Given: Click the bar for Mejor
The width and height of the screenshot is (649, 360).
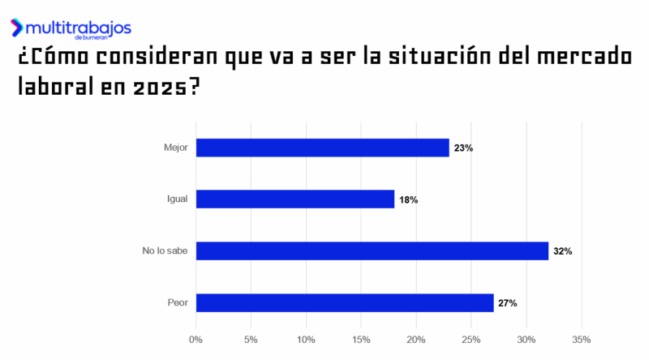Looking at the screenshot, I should pyautogui.click(x=322, y=148).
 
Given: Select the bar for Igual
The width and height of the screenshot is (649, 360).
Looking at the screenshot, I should pyautogui.click(x=294, y=199).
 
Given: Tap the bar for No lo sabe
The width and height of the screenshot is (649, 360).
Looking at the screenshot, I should pyautogui.click(x=372, y=251).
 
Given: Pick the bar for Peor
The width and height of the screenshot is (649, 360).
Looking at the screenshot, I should pyautogui.click(x=344, y=302).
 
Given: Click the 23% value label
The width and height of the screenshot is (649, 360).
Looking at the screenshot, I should pyautogui.click(x=464, y=148).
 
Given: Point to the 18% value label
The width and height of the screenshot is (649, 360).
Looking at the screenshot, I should pyautogui.click(x=408, y=199).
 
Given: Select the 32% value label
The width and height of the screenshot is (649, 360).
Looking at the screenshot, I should pyautogui.click(x=563, y=251).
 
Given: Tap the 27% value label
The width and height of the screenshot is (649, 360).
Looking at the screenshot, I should pyautogui.click(x=508, y=303).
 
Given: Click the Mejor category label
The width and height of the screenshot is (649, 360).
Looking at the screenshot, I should pyautogui.click(x=175, y=148).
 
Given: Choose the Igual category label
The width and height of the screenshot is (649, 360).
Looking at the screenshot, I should pyautogui.click(x=177, y=199).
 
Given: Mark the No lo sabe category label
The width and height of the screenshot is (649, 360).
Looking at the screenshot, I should pyautogui.click(x=165, y=251).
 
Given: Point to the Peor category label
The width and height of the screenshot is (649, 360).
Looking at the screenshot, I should pyautogui.click(x=177, y=302).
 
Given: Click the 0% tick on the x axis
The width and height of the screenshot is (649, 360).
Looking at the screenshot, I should pyautogui.click(x=196, y=339).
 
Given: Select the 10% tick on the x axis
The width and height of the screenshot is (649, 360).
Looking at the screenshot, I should pyautogui.click(x=306, y=339).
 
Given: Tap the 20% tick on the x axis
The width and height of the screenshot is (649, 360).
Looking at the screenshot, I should pyautogui.click(x=416, y=339).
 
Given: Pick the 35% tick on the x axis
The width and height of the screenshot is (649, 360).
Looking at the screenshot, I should pyautogui.click(x=581, y=339).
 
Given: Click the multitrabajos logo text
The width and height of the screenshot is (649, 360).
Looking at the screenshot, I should pyautogui.click(x=79, y=28).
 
